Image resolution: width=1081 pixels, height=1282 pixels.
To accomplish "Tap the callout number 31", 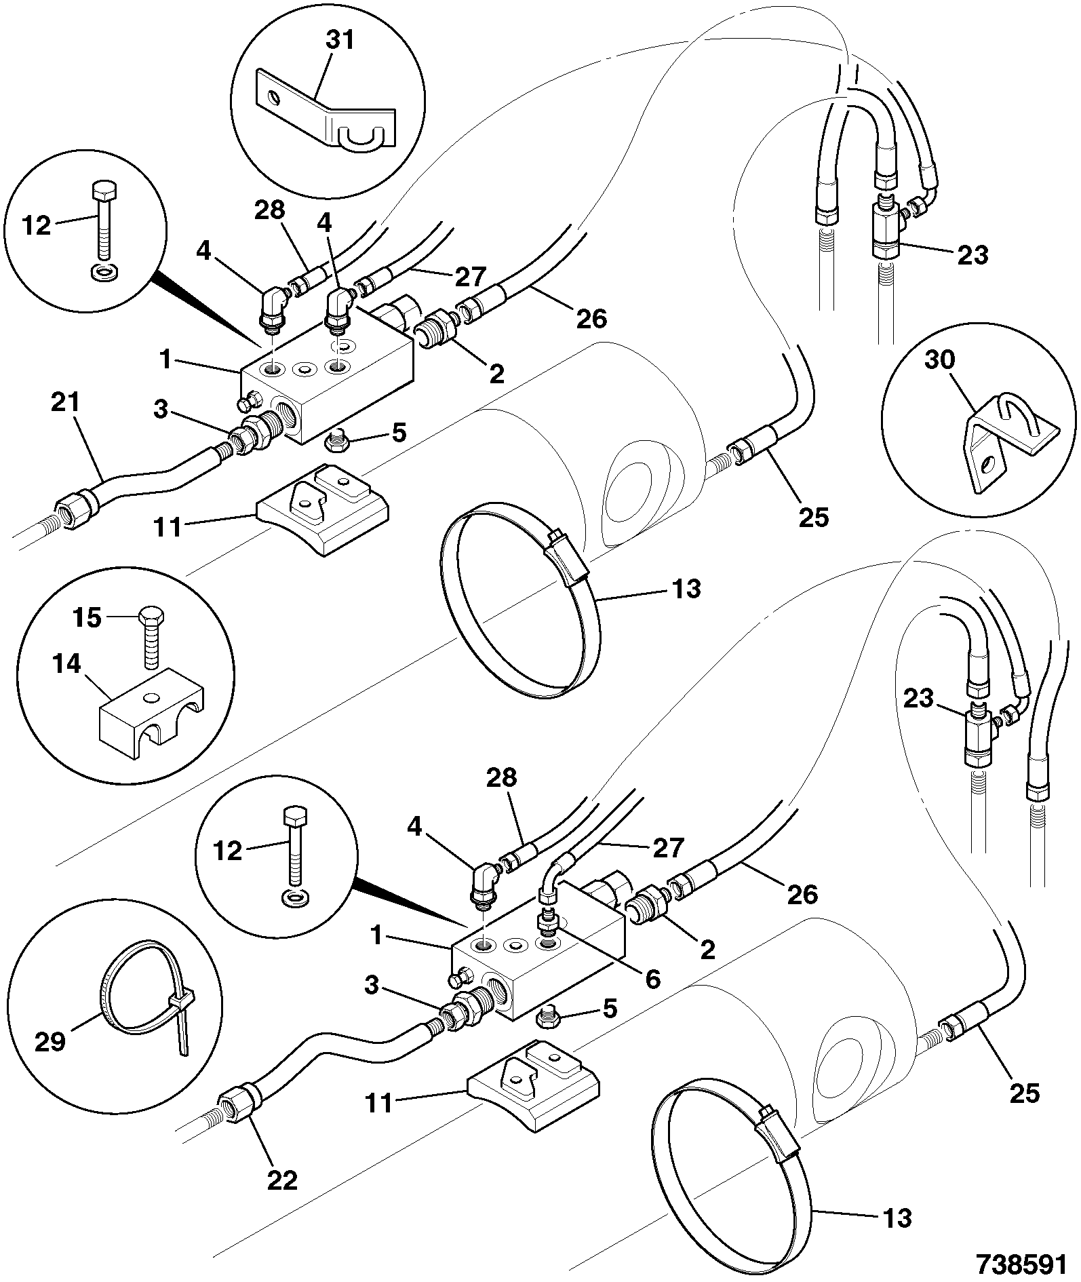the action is (340, 40).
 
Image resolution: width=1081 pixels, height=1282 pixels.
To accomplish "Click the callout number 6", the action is (653, 979).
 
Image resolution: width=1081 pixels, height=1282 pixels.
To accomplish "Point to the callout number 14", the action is (66, 665).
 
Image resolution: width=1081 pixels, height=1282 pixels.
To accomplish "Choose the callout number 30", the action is (940, 360).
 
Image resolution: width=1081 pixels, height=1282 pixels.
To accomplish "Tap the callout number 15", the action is (87, 618).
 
